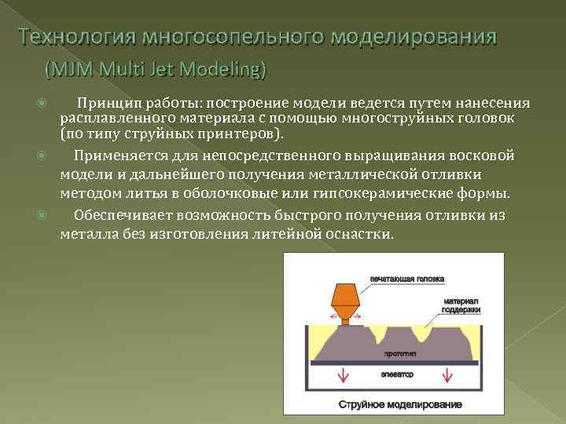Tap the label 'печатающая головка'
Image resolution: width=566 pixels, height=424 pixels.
407,278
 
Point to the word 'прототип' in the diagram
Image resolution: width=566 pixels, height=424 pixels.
400,356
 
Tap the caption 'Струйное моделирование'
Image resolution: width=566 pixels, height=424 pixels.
400,404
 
